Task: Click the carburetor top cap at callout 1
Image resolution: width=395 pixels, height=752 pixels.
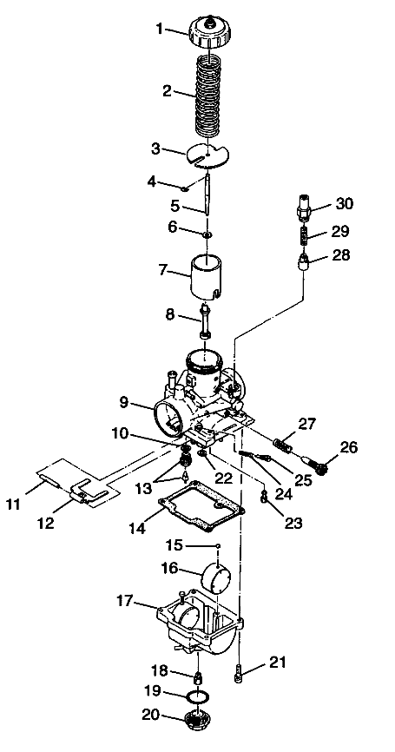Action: pyautogui.click(x=210, y=34)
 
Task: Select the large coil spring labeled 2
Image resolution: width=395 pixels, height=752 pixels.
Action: pyautogui.click(x=211, y=96)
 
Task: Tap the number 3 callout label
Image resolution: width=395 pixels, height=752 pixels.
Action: pyautogui.click(x=156, y=148)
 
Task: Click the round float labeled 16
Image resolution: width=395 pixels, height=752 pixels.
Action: pyautogui.click(x=221, y=578)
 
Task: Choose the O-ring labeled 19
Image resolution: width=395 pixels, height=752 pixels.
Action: pyautogui.click(x=199, y=697)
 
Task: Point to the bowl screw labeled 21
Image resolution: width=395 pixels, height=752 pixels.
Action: pyautogui.click(x=240, y=670)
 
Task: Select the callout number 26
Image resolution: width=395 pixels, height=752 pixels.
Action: pyautogui.click(x=347, y=448)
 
